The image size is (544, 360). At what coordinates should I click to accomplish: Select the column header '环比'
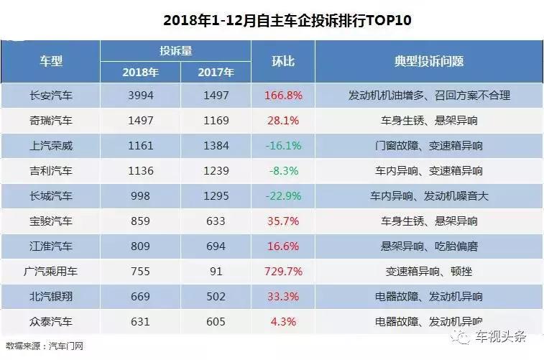tap(282, 61)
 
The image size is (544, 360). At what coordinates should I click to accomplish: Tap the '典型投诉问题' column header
tap(429, 61)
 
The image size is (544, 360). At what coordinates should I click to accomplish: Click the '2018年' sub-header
tap(141, 72)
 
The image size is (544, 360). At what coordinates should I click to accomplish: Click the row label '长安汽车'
tap(52, 95)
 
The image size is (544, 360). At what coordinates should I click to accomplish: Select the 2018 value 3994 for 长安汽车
tap(141, 95)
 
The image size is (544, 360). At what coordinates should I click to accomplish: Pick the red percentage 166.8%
tap(282, 95)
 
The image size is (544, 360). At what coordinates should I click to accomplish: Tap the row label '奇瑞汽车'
tap(52, 120)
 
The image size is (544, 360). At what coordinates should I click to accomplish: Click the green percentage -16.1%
tap(282, 145)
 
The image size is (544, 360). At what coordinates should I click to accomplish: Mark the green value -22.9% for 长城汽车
tap(282, 195)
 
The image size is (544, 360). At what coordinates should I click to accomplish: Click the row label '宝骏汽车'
tap(52, 221)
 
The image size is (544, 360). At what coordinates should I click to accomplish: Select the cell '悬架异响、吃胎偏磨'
tap(429, 246)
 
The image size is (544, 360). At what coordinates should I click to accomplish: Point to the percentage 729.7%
tap(282, 271)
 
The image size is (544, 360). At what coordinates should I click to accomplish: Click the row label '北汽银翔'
tap(52, 296)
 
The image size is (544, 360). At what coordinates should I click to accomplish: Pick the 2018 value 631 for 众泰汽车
tap(141, 321)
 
